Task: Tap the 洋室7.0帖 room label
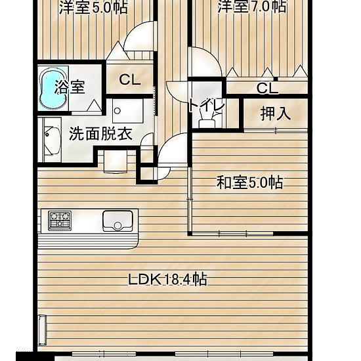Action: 252,8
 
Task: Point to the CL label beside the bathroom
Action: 129,80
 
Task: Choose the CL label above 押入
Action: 266,88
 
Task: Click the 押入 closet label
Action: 275,113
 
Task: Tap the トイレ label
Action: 206,106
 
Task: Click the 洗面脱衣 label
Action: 100,135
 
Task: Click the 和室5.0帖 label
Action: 249,183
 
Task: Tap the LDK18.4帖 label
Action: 167,279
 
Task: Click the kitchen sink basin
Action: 117,221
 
